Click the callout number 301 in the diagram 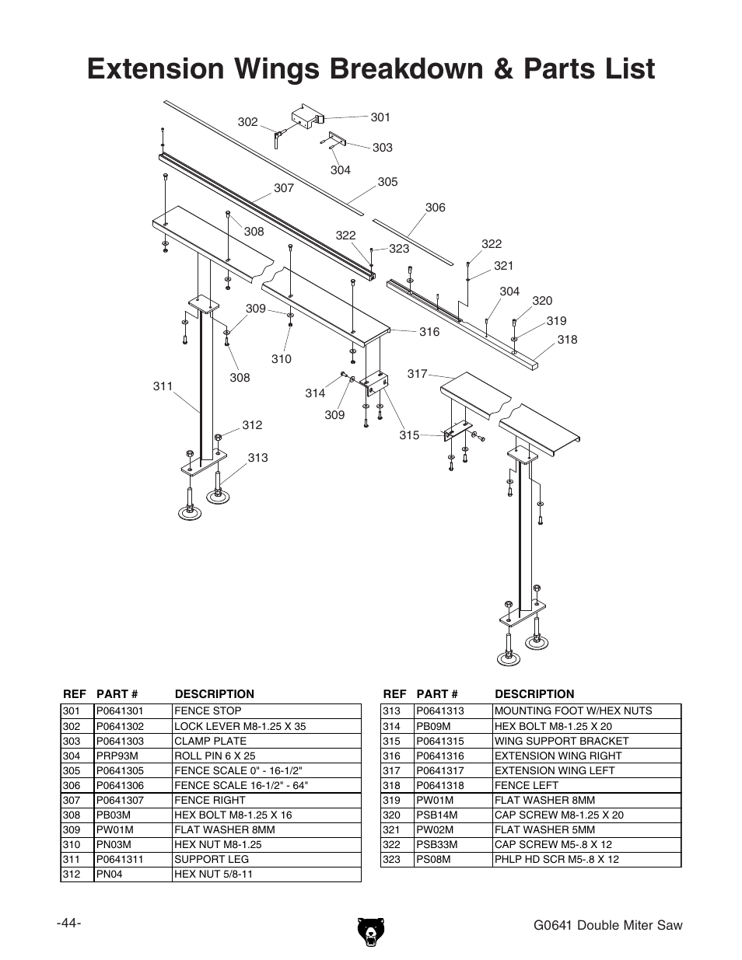coord(380,117)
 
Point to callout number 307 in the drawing coord(284,188)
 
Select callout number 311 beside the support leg coord(163,386)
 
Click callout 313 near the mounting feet coord(257,458)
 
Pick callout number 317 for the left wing coord(417,374)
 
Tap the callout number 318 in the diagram coord(567,339)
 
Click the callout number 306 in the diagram coord(436,208)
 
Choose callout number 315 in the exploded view coord(409,435)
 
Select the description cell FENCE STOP coord(208,710)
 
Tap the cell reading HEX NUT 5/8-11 coord(213,874)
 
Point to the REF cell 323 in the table coord(391,859)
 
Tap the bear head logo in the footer coord(370,932)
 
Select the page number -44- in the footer coord(69,923)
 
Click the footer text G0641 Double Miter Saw coord(608,925)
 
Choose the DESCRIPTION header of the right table coord(534,694)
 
